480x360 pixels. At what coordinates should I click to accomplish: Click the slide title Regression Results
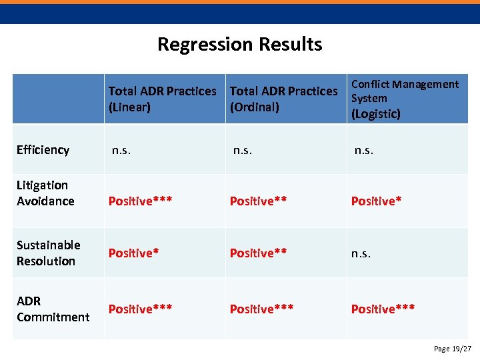[x=239, y=44]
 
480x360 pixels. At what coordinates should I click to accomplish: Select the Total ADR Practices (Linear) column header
[x=162, y=99]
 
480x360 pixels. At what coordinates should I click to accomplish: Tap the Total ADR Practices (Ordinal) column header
[x=283, y=99]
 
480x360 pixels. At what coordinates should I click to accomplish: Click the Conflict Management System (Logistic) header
[x=405, y=99]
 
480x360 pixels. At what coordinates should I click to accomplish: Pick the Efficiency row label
[x=43, y=150]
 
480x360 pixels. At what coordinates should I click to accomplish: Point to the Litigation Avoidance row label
[x=45, y=193]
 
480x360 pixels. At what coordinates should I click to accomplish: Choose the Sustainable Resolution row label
[x=48, y=253]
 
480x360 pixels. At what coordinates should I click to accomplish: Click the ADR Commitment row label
[x=53, y=309]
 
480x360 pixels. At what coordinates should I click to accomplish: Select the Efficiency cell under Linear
[x=121, y=150]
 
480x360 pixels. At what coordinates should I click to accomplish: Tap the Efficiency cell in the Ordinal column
[x=243, y=150]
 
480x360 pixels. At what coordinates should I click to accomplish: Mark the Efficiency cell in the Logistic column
[x=364, y=150]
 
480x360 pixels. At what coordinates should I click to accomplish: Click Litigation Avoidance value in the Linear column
[x=140, y=201]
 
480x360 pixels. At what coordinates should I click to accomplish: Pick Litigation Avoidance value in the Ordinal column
[x=258, y=201]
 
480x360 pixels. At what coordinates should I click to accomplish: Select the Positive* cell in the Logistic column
[x=376, y=201]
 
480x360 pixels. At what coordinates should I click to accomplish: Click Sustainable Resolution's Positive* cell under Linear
[x=133, y=253]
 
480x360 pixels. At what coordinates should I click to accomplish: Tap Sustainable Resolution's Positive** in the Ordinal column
[x=258, y=253]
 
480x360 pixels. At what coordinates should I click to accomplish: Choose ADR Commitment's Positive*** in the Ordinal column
[x=261, y=309]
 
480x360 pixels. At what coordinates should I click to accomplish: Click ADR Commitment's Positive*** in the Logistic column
[x=383, y=309]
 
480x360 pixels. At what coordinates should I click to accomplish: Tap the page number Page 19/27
[x=452, y=349]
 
